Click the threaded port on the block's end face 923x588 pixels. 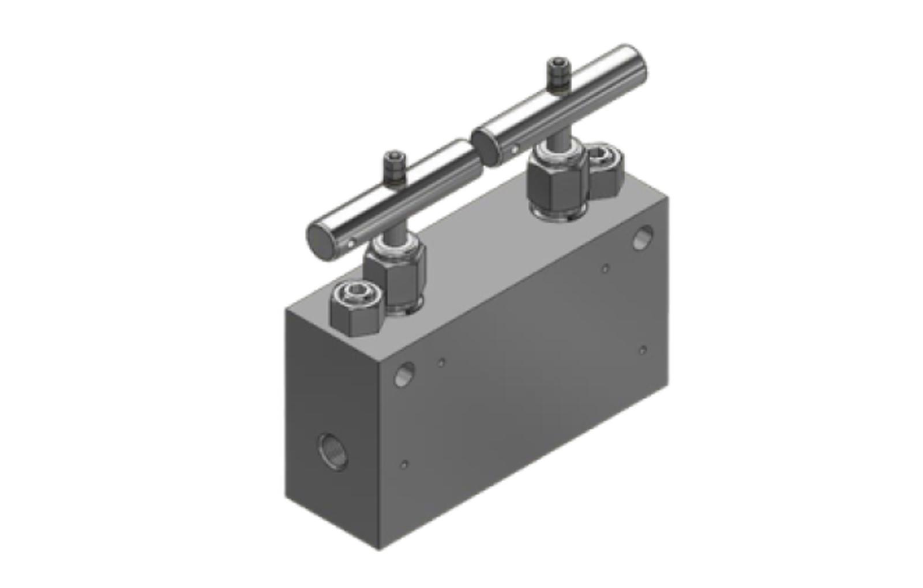(x=333, y=451)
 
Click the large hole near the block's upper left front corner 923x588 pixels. (x=404, y=374)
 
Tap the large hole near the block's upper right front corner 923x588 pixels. (x=642, y=237)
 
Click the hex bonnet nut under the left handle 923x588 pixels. (x=395, y=277)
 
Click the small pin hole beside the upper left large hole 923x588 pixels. (x=441, y=362)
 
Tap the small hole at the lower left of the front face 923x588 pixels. (x=404, y=465)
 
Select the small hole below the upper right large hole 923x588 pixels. (x=605, y=268)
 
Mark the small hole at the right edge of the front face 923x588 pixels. (x=643, y=350)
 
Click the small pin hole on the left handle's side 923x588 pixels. (x=351, y=245)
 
